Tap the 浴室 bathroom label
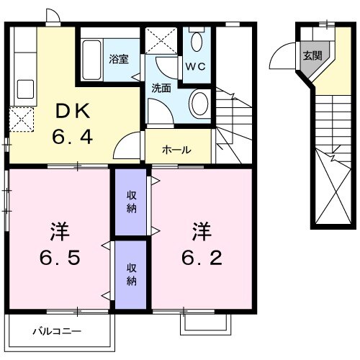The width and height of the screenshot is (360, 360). pos(119,59)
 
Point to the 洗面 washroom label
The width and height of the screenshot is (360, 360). pos(161,89)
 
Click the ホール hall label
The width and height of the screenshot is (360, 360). pos(176,150)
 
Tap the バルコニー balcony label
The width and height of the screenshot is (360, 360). pos(57,332)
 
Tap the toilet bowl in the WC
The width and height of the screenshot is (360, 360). pos(197,41)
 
